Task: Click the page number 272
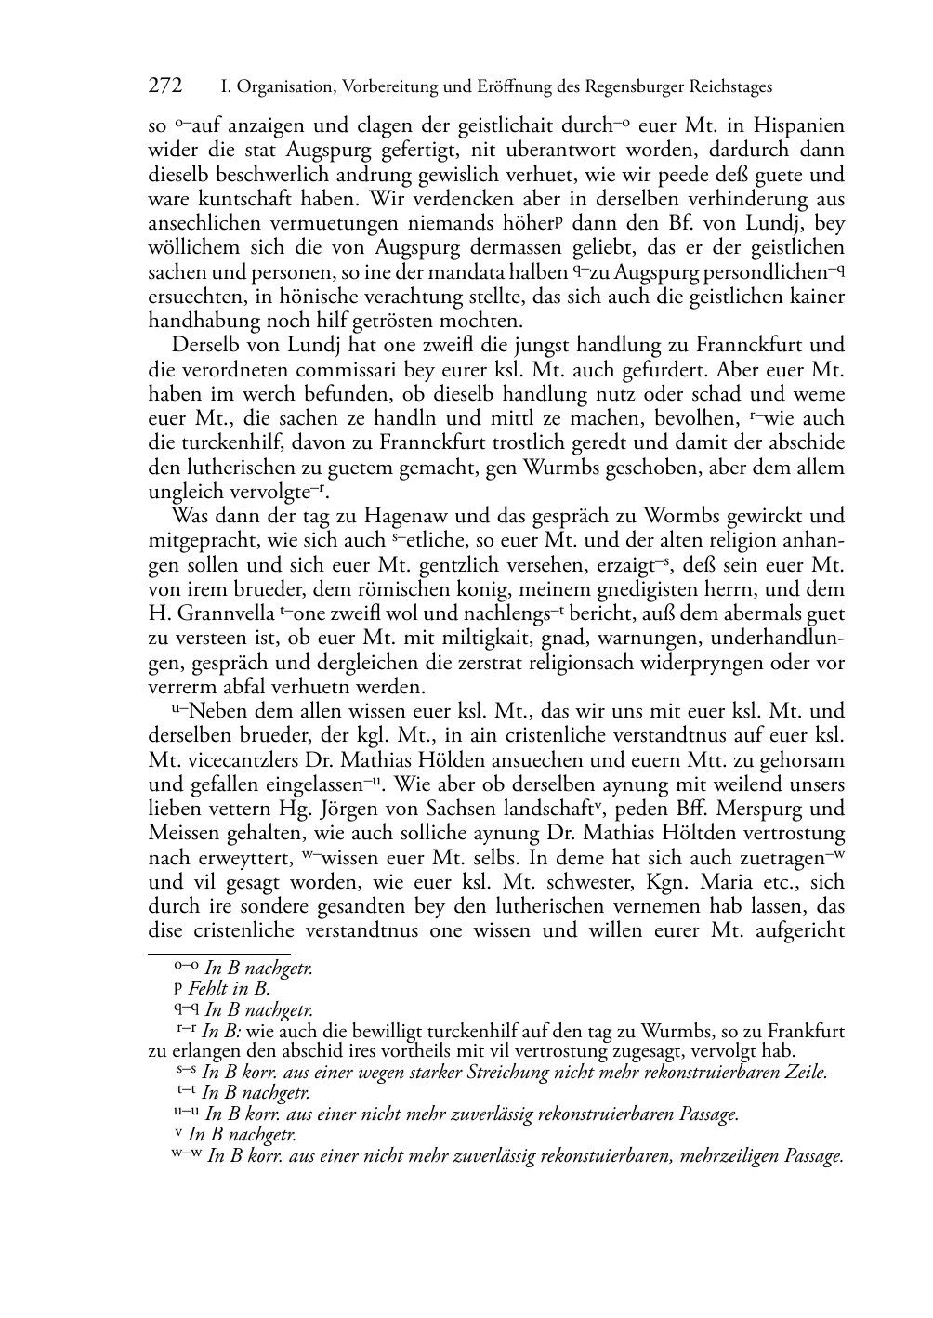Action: (165, 86)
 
